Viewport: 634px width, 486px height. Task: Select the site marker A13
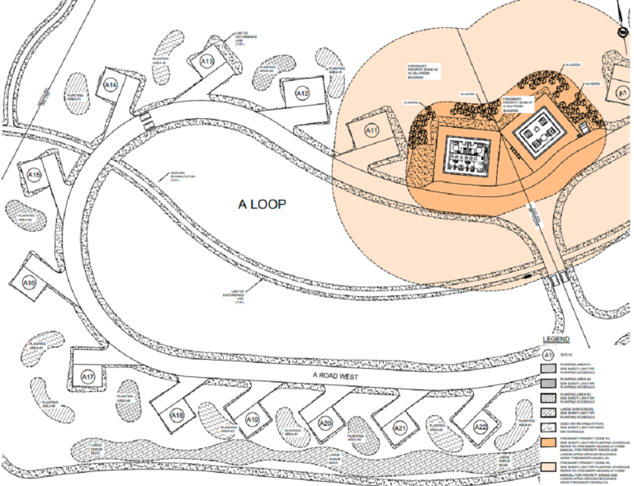click(207, 61)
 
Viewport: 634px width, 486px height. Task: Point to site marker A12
click(303, 93)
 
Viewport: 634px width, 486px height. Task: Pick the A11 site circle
click(371, 130)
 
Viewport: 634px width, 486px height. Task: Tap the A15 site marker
click(34, 175)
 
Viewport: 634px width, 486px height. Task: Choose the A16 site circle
click(30, 284)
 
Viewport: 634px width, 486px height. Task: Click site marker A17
click(88, 376)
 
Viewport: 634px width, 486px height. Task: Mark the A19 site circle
click(253, 421)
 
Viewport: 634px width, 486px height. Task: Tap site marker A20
click(325, 423)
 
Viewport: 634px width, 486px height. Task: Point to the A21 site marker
click(400, 427)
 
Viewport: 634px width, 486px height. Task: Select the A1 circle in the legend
click(548, 354)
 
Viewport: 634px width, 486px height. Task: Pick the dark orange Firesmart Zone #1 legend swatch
click(548, 441)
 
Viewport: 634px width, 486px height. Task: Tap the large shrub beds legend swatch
click(548, 410)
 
